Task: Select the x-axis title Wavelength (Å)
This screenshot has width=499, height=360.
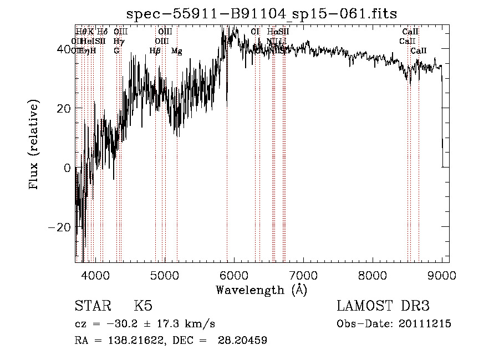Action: (x=261, y=290)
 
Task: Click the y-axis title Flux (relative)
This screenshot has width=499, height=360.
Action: (x=34, y=145)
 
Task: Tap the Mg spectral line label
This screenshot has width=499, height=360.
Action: (x=176, y=51)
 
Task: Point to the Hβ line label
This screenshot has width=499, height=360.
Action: (x=155, y=51)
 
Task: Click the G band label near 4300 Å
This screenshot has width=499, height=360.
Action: (x=116, y=51)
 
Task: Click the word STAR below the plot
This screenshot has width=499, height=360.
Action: (x=93, y=306)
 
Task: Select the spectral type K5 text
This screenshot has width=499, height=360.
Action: (x=143, y=306)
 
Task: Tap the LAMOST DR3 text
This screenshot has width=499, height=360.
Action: (x=383, y=306)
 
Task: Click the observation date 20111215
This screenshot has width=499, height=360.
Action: (x=425, y=324)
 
